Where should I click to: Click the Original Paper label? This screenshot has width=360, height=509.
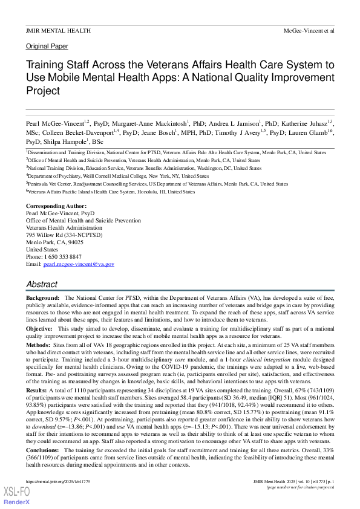tap(47, 46)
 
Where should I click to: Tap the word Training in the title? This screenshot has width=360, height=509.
tap(47, 65)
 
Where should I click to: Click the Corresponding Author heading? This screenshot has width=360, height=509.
tap(56, 207)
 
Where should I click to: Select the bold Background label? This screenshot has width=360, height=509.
tap(43, 299)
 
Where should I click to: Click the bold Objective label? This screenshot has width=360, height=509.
tap(39, 328)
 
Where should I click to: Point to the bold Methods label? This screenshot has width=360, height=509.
tap(38, 344)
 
